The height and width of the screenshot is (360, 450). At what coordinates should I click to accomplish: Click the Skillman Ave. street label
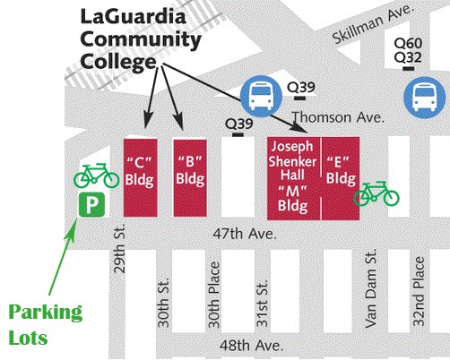pos(362,24)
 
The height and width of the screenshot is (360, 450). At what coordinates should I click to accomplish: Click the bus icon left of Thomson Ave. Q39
pos(260,93)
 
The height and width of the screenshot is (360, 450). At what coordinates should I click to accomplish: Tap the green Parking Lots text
pos(46,326)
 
